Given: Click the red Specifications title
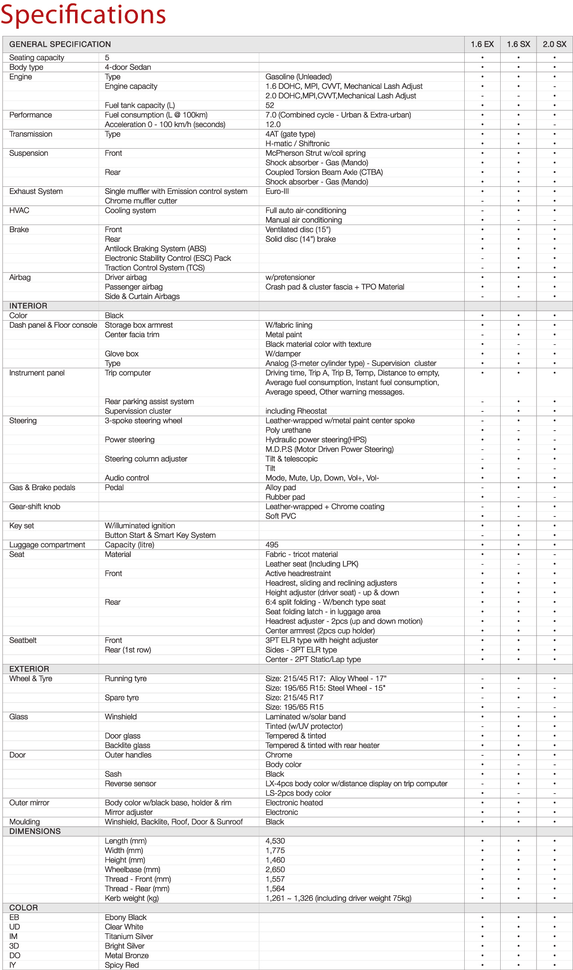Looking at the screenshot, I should (x=84, y=14).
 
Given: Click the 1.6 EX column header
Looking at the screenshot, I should (x=482, y=44).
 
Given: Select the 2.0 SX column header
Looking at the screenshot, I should (x=554, y=44).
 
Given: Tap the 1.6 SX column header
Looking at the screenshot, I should (x=518, y=44).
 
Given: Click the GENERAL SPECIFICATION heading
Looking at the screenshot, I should (x=60, y=44).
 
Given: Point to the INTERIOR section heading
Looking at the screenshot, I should (x=28, y=306).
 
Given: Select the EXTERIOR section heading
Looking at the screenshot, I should (x=29, y=669).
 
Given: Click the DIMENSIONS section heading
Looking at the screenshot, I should (x=35, y=831).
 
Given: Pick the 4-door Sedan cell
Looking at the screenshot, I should (x=128, y=67).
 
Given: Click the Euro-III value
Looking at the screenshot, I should (x=277, y=191).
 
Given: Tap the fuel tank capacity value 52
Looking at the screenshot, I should (x=270, y=105).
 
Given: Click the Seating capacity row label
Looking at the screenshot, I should (x=36, y=57).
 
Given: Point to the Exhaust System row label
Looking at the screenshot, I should (x=36, y=191).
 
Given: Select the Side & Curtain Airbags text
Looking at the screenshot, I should (x=142, y=296).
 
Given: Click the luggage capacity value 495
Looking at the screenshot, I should (x=272, y=545).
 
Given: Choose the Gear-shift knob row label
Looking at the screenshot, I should (x=35, y=507).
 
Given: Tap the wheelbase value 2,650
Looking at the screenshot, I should (x=275, y=869).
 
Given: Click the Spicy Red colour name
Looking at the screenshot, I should (x=122, y=965).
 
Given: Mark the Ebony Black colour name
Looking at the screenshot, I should (x=126, y=917).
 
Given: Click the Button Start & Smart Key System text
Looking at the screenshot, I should (x=160, y=535).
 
